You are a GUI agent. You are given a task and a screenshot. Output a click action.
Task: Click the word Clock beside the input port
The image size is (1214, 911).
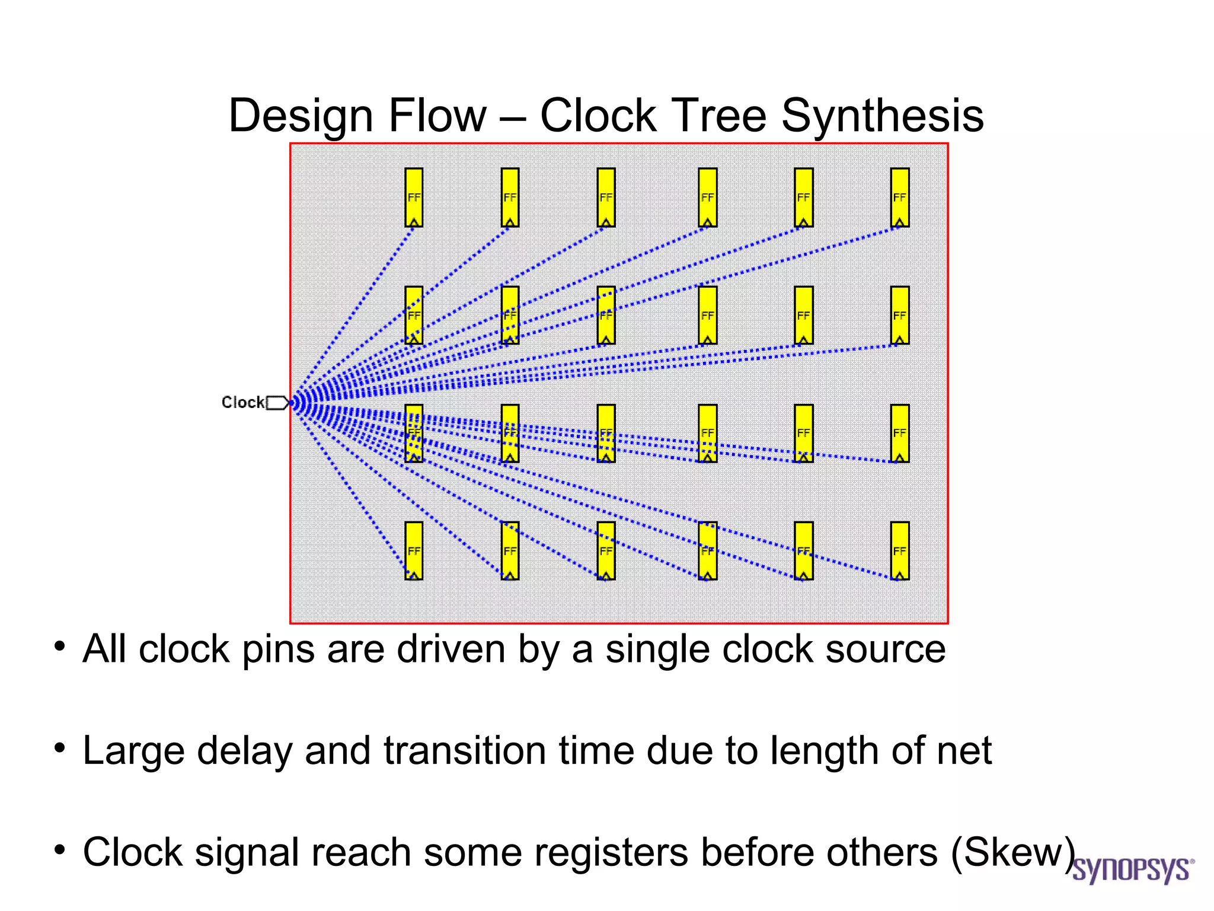(242, 402)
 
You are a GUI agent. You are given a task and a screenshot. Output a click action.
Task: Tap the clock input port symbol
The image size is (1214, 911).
(277, 403)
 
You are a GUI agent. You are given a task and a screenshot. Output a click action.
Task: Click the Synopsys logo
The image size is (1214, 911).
(1132, 870)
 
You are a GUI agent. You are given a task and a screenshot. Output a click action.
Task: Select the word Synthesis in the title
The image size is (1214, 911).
(882, 116)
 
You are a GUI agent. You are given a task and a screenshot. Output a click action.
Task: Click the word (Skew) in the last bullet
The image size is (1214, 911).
(1013, 852)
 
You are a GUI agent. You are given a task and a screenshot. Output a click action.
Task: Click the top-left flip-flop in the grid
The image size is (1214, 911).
(414, 197)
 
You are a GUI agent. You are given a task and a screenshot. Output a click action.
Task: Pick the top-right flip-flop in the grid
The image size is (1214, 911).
(899, 197)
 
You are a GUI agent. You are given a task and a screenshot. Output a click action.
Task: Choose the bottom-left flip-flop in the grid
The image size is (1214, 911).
(414, 550)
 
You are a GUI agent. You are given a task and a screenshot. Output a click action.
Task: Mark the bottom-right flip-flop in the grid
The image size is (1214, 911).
(899, 550)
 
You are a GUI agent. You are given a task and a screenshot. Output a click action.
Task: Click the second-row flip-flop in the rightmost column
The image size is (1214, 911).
(899, 315)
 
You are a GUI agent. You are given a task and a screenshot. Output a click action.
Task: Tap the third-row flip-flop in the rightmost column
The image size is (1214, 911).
(899, 433)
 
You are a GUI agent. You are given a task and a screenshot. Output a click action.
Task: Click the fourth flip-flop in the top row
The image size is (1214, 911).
(707, 197)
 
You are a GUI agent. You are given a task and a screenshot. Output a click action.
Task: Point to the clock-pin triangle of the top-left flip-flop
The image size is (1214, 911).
(414, 222)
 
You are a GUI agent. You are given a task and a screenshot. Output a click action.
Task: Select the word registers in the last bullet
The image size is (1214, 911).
(612, 852)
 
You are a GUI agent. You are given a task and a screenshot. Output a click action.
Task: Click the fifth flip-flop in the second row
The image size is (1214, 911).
(803, 315)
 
